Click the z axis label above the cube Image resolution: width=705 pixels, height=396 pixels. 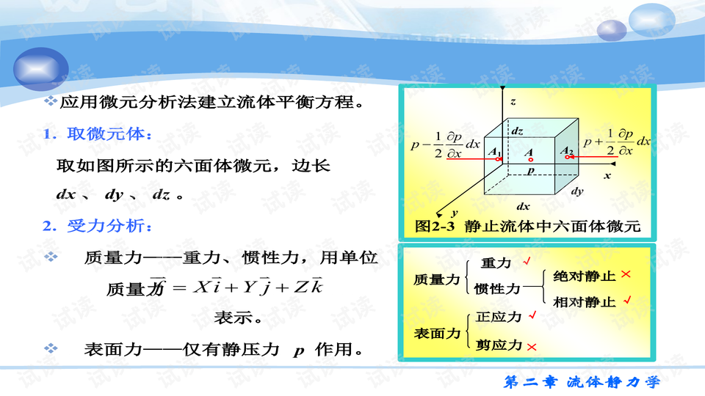(x=514, y=100)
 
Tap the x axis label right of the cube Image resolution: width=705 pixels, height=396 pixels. (x=607, y=176)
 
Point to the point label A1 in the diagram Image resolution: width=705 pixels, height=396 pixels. (x=493, y=151)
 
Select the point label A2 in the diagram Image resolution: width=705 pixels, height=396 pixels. (x=566, y=151)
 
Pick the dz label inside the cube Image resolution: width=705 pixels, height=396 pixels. (x=518, y=131)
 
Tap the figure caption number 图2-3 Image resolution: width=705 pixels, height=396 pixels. (x=436, y=227)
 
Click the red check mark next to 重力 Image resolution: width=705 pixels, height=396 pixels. (x=526, y=262)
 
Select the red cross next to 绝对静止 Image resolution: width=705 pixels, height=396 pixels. (x=626, y=274)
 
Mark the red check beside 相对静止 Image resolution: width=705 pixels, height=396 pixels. (x=626, y=301)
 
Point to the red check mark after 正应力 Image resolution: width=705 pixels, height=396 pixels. (x=532, y=316)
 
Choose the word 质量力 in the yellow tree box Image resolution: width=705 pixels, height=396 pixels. (x=436, y=279)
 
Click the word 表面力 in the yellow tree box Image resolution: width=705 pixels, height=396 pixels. (x=436, y=333)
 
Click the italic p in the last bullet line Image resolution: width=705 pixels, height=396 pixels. (x=298, y=351)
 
